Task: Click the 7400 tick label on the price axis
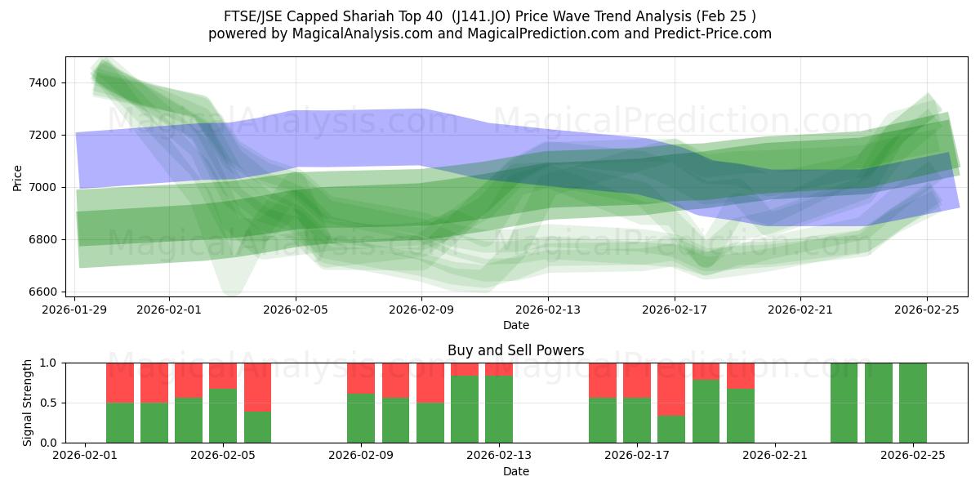tap(42, 82)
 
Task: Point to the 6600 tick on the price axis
tap(42, 292)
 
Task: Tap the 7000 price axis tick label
tap(42, 187)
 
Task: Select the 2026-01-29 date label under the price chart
tap(75, 310)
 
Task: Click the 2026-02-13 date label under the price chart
tap(548, 310)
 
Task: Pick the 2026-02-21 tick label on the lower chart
tap(774, 456)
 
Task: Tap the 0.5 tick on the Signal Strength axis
tap(49, 403)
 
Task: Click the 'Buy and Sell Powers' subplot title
tap(515, 350)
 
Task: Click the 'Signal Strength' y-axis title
tap(28, 403)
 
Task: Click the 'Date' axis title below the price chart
tap(515, 325)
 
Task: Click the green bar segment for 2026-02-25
tap(912, 403)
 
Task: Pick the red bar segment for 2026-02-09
tap(360, 378)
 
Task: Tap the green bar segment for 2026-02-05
tap(223, 416)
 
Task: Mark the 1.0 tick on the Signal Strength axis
tap(49, 363)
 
